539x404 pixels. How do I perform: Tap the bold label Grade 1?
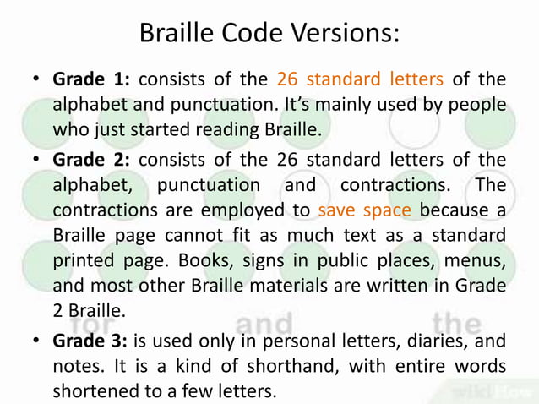(x=91, y=80)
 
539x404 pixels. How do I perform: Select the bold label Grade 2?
(x=91, y=160)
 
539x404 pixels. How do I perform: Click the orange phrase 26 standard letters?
(x=360, y=80)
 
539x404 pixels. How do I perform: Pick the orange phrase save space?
(x=365, y=210)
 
